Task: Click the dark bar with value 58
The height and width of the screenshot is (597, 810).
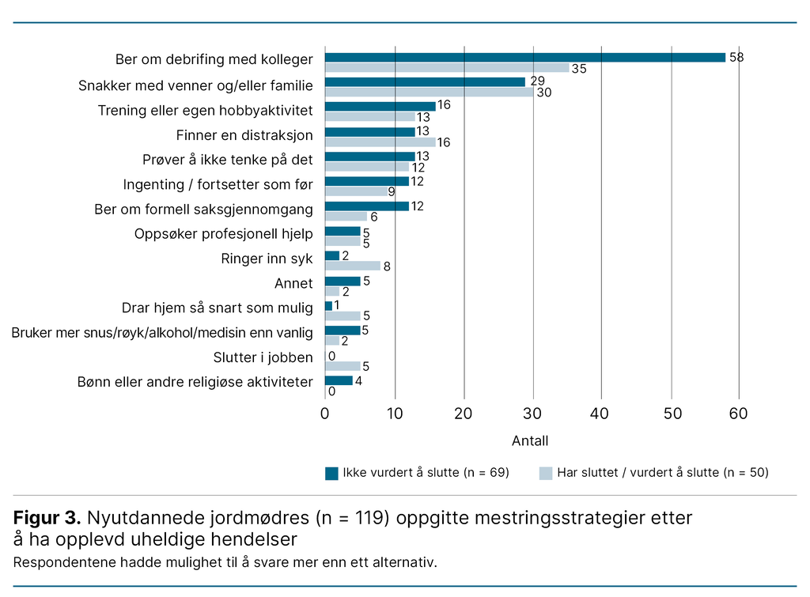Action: (x=524, y=57)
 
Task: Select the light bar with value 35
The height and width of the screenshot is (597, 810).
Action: (x=447, y=68)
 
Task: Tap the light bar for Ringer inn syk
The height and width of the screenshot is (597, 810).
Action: (x=352, y=266)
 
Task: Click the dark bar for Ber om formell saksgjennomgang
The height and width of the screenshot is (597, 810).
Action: (x=366, y=206)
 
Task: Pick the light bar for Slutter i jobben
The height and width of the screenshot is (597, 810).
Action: (x=342, y=365)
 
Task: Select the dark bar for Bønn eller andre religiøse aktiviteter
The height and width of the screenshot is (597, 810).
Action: (x=338, y=380)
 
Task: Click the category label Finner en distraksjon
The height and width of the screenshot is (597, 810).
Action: (x=244, y=135)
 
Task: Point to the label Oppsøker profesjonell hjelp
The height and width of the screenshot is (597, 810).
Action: (x=224, y=234)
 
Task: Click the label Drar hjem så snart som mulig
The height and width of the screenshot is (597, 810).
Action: (x=217, y=308)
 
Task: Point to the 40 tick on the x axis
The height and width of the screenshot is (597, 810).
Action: (x=601, y=413)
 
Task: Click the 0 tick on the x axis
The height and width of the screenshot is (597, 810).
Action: (x=324, y=413)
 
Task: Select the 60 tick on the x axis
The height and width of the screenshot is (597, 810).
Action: (x=739, y=413)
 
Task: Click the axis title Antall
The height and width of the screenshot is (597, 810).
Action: (x=530, y=440)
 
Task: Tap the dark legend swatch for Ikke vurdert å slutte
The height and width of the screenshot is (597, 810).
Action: (x=331, y=473)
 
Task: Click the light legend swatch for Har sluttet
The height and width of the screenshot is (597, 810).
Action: (x=545, y=473)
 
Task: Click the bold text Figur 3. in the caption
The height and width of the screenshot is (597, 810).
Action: (x=47, y=519)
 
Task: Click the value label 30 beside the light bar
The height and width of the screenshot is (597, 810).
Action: (x=543, y=93)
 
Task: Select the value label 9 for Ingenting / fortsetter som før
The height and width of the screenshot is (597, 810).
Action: (x=391, y=191)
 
